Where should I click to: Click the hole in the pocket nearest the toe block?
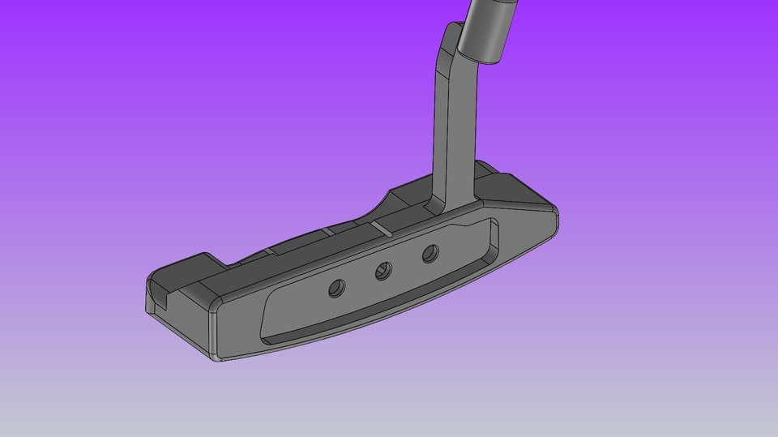click(x=336, y=287)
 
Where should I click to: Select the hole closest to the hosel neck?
click(x=430, y=254)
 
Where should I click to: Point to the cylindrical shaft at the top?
click(x=486, y=28)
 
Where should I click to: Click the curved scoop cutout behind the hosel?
click(x=381, y=207)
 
